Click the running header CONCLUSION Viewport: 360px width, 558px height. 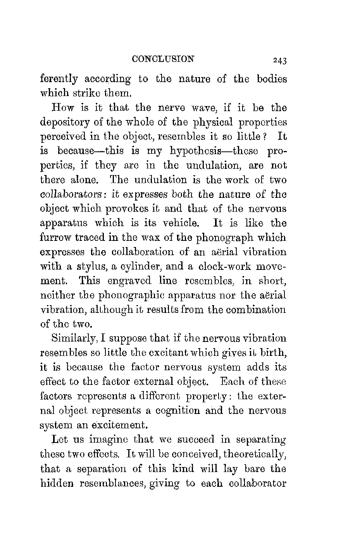[x=163, y=59]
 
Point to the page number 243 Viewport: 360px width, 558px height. [x=279, y=60]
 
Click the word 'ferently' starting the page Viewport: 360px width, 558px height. [x=59, y=79]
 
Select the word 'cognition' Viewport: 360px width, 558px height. [x=169, y=410]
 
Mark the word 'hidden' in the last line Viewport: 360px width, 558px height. [x=57, y=483]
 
